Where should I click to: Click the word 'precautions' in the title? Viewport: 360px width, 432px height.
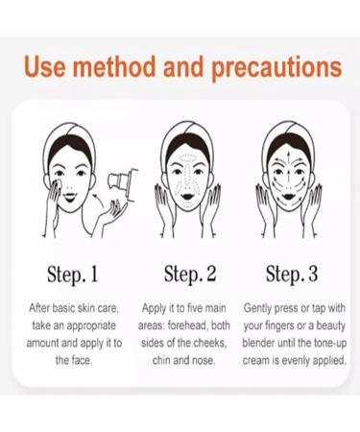click(276, 68)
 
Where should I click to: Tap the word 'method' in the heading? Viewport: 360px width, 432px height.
click(114, 66)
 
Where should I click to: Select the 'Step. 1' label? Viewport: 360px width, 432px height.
click(72, 275)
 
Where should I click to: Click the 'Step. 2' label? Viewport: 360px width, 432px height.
click(190, 275)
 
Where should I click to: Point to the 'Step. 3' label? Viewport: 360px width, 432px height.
click(292, 275)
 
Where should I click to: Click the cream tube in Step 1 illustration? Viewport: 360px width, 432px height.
click(123, 183)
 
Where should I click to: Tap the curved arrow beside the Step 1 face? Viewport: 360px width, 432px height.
click(99, 199)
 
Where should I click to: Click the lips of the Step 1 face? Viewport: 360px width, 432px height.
click(70, 197)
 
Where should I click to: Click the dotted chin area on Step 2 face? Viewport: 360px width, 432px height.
click(187, 204)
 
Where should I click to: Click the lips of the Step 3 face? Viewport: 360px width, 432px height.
click(289, 196)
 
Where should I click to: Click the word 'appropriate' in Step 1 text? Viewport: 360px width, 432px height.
click(91, 326)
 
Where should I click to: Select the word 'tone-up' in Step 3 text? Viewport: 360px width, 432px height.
click(330, 344)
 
